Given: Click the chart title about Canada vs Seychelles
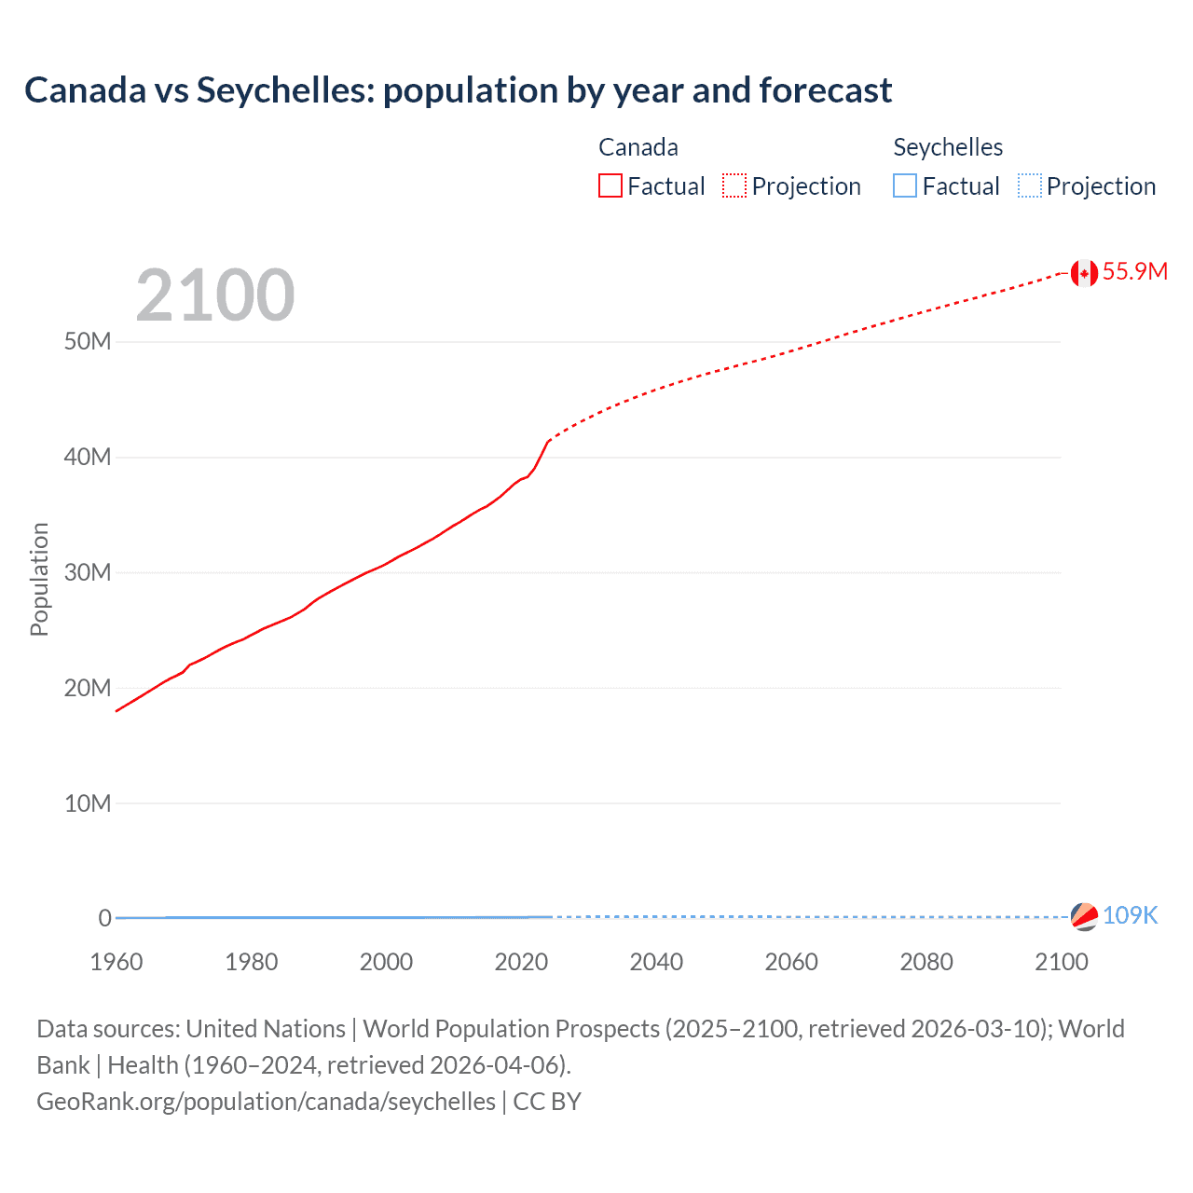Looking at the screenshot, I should tap(458, 90).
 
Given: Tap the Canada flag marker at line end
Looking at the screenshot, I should tap(1083, 273).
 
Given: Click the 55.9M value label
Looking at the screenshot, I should tap(1134, 271).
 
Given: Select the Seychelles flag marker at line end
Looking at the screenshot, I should tap(1084, 916).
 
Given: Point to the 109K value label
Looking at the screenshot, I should tap(1130, 915).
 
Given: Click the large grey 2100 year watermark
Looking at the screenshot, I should tap(215, 295).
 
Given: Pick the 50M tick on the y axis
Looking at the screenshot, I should tap(88, 341).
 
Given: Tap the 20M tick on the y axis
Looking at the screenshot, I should tap(88, 688).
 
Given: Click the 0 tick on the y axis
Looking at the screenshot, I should tap(104, 918).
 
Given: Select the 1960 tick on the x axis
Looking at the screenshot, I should tap(117, 962).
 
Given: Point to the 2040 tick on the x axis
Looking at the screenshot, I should tap(656, 962).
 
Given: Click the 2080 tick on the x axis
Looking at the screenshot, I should tap(926, 962).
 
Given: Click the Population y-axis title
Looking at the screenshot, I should tap(39, 579).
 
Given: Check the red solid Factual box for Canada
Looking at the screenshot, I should tap(610, 186).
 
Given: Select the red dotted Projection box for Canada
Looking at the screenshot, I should tap(734, 186).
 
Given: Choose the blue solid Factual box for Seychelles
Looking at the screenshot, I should tap(905, 186).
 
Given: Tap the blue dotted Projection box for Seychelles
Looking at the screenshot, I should tap(1030, 186).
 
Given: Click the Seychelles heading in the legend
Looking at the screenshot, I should tap(948, 147).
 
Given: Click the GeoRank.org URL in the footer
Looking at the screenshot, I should tap(267, 1102).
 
